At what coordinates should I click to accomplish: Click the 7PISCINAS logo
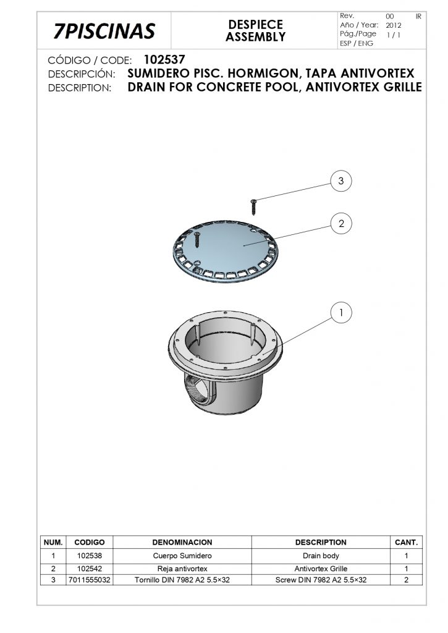pos(104,31)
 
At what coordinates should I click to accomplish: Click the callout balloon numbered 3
pos(341,181)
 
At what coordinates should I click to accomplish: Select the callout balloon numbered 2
pos(341,223)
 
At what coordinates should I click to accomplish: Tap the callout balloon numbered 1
pos(341,313)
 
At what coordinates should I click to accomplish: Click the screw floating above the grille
pos(253,206)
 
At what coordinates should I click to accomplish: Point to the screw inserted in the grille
pos(197,239)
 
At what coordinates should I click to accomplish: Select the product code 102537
pos(164,60)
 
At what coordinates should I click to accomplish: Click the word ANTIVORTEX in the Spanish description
pos(378,74)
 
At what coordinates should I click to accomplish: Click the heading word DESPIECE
pos(255,25)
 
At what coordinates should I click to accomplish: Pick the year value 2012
pos(394,25)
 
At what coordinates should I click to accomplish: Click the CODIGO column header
pos(90,542)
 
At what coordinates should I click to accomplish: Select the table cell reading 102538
pos(90,556)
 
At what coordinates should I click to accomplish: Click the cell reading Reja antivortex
pos(182,569)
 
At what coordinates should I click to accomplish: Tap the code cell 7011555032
pos(90,580)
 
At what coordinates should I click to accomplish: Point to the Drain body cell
pos(321,556)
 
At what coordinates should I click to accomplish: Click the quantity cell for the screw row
pos(406,580)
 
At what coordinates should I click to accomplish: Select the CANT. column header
pos(406,542)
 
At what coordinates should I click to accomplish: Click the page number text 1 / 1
pos(394,35)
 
